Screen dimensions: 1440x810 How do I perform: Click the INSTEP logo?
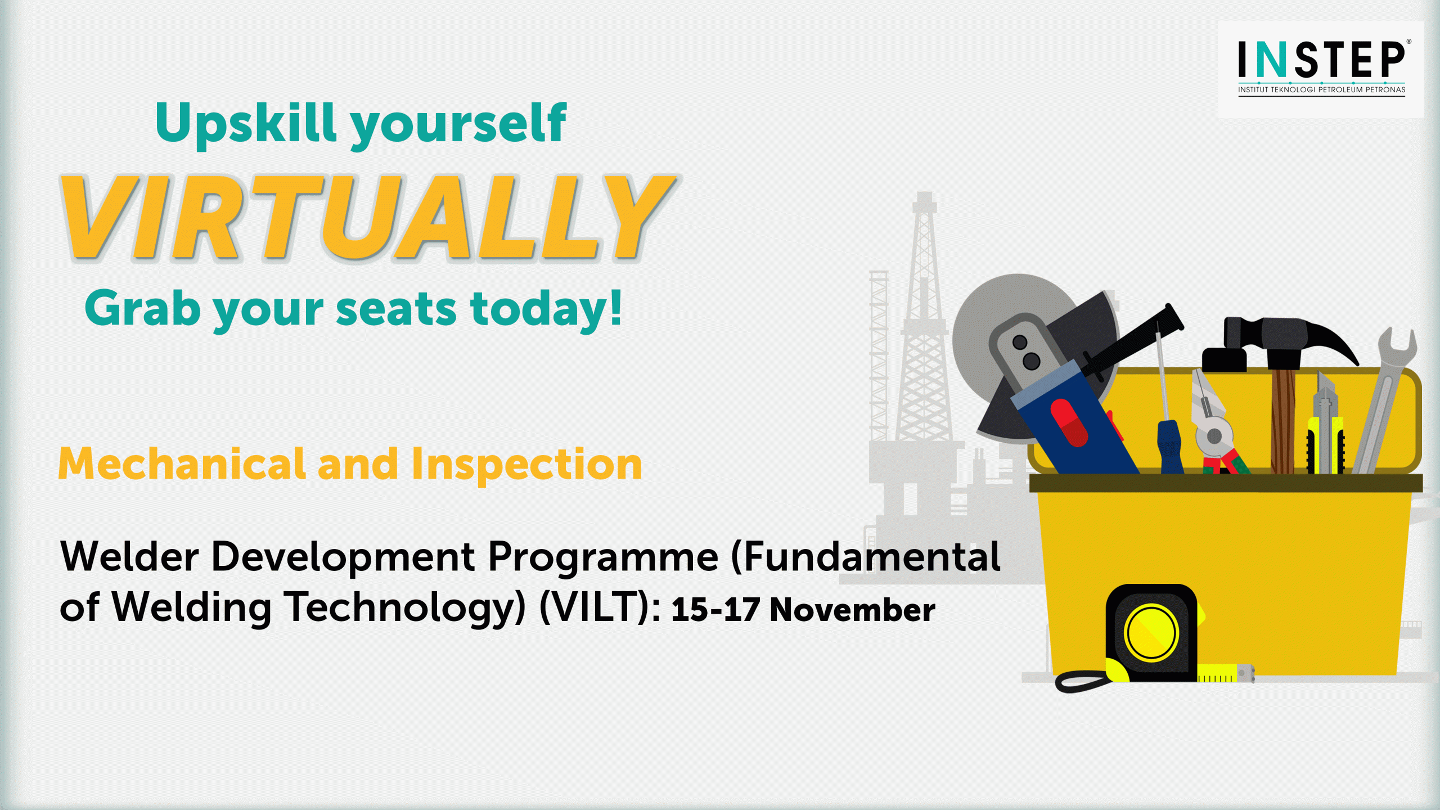pyautogui.click(x=1321, y=67)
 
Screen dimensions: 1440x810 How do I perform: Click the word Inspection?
pyautogui.click(x=526, y=465)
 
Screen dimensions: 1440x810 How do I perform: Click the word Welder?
pyautogui.click(x=129, y=556)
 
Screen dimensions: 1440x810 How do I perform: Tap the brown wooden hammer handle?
pyautogui.click(x=1283, y=421)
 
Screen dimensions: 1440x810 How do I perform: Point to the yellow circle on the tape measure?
pyautogui.click(x=1151, y=632)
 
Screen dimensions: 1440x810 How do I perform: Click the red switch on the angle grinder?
pyautogui.click(x=1069, y=422)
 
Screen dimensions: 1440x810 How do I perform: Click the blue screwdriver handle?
pyautogui.click(x=1170, y=447)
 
